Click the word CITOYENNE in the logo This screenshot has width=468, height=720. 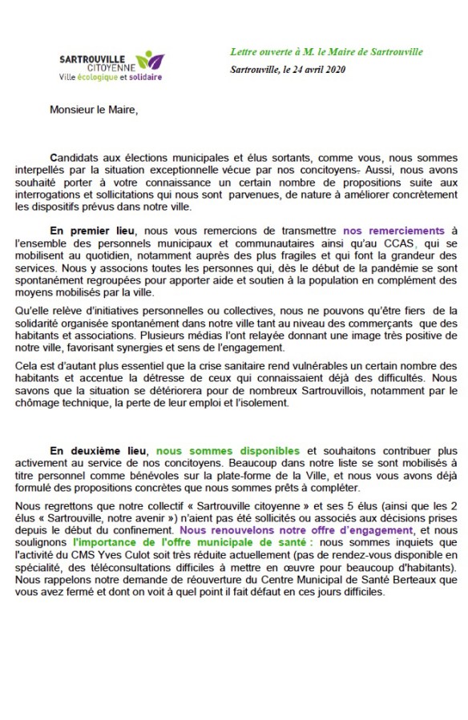point(111,67)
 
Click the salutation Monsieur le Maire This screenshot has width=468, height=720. point(94,110)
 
